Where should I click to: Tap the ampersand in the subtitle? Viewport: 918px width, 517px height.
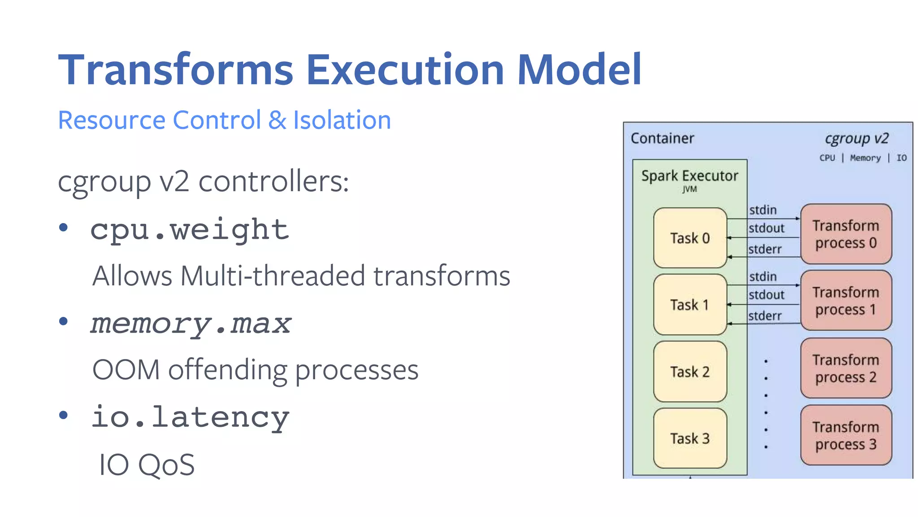click(277, 120)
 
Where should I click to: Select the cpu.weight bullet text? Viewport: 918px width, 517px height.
click(190, 230)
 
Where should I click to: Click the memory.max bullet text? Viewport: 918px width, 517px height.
click(191, 324)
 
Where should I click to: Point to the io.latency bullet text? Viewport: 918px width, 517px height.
click(191, 417)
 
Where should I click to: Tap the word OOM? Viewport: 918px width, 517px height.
click(126, 370)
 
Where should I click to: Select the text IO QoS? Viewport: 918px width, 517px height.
click(147, 465)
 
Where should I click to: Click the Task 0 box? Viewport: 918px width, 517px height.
click(690, 238)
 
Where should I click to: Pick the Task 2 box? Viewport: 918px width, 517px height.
click(690, 372)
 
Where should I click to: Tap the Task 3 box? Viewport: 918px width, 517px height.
click(690, 438)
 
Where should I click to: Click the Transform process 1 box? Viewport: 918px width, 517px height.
click(845, 301)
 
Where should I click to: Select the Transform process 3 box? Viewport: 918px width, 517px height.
click(845, 435)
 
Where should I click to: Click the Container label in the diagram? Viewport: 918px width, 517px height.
click(662, 138)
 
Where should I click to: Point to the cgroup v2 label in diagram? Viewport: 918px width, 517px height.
click(856, 138)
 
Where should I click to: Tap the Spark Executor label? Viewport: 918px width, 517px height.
click(689, 175)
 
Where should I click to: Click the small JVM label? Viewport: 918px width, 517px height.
click(689, 189)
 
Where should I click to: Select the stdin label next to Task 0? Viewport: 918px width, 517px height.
click(763, 210)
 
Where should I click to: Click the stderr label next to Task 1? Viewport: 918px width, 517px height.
click(765, 316)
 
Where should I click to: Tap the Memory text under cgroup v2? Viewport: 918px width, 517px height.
click(865, 158)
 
